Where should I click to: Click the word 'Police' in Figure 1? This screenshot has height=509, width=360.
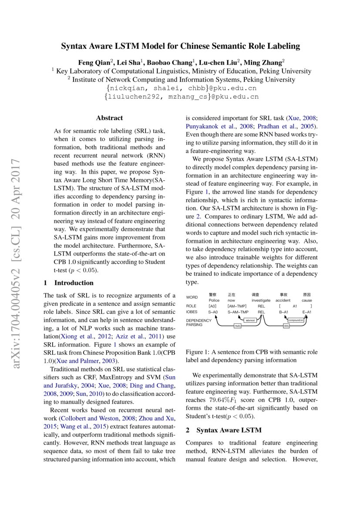pos(214,300)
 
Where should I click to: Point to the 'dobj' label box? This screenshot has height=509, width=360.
pos(286,325)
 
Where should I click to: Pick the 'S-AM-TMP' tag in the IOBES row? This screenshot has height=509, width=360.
pos(238,312)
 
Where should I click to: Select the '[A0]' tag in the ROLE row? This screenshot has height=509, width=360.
pos(213,306)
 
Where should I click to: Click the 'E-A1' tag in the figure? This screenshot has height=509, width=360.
pos(307,312)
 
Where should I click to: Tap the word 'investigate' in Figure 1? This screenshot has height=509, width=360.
pos(261,300)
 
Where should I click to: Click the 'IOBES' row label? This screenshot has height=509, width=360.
pos(192,312)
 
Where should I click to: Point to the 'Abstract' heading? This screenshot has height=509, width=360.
pos(109,118)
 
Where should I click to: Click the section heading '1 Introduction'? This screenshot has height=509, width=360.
pos(63,283)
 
